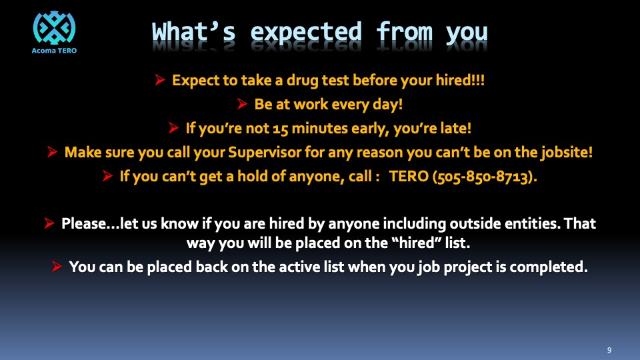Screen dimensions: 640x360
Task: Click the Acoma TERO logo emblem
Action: point(54,28)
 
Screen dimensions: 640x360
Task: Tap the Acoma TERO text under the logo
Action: point(54,51)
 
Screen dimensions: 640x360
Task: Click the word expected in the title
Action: point(306,32)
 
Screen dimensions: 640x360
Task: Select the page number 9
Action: point(609,350)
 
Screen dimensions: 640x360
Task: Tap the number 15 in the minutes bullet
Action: point(281,129)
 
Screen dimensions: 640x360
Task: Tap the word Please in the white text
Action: point(84,223)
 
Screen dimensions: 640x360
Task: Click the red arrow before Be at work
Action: point(242,104)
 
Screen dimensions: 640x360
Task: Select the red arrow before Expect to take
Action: point(159,79)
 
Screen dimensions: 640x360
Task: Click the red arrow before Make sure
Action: point(52,152)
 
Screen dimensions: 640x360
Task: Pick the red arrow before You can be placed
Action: point(57,267)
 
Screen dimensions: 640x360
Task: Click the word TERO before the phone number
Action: point(409,176)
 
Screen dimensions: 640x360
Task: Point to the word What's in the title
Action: point(194,32)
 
